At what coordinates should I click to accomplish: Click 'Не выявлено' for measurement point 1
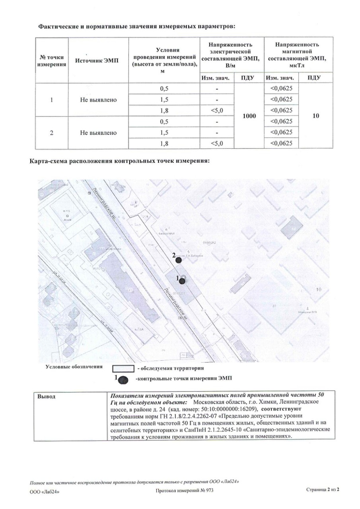98,99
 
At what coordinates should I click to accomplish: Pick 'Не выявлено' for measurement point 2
98,132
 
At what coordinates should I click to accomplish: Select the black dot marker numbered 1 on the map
182,281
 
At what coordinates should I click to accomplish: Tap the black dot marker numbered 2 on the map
179,260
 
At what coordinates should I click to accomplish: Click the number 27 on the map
274,306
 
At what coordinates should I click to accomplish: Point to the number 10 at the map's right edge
318,290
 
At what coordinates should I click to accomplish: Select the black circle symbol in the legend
124,379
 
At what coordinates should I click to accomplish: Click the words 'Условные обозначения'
74,367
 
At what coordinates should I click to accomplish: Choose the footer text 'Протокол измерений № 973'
185,491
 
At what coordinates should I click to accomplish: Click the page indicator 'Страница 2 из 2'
323,490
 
